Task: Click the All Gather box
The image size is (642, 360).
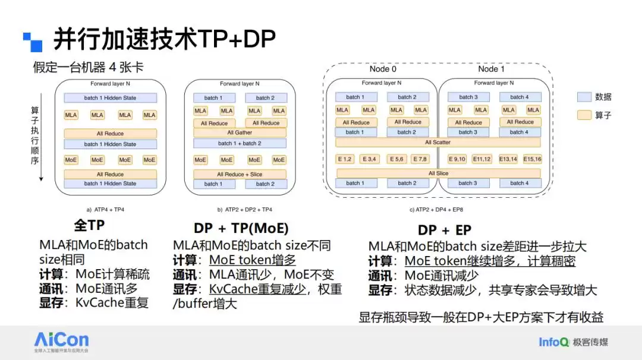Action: click(240, 132)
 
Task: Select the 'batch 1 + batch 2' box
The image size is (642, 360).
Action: click(240, 143)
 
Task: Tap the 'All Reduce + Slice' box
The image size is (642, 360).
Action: click(240, 174)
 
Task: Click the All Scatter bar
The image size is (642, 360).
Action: click(438, 143)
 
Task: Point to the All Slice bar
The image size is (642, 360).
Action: click(438, 173)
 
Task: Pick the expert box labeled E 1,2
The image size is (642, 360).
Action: click(345, 159)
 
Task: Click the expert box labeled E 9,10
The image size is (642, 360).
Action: click(457, 159)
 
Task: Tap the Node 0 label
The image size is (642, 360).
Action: click(383, 69)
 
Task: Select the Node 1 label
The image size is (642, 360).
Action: click(491, 69)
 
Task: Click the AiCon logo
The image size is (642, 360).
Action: click(61, 340)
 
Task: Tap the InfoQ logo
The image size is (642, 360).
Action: click(553, 342)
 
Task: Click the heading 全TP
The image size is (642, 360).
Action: click(89, 226)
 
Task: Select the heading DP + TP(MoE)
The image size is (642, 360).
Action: click(241, 229)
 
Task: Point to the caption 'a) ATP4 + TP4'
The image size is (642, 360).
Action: click(106, 210)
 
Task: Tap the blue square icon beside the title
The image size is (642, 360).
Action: click(33, 42)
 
